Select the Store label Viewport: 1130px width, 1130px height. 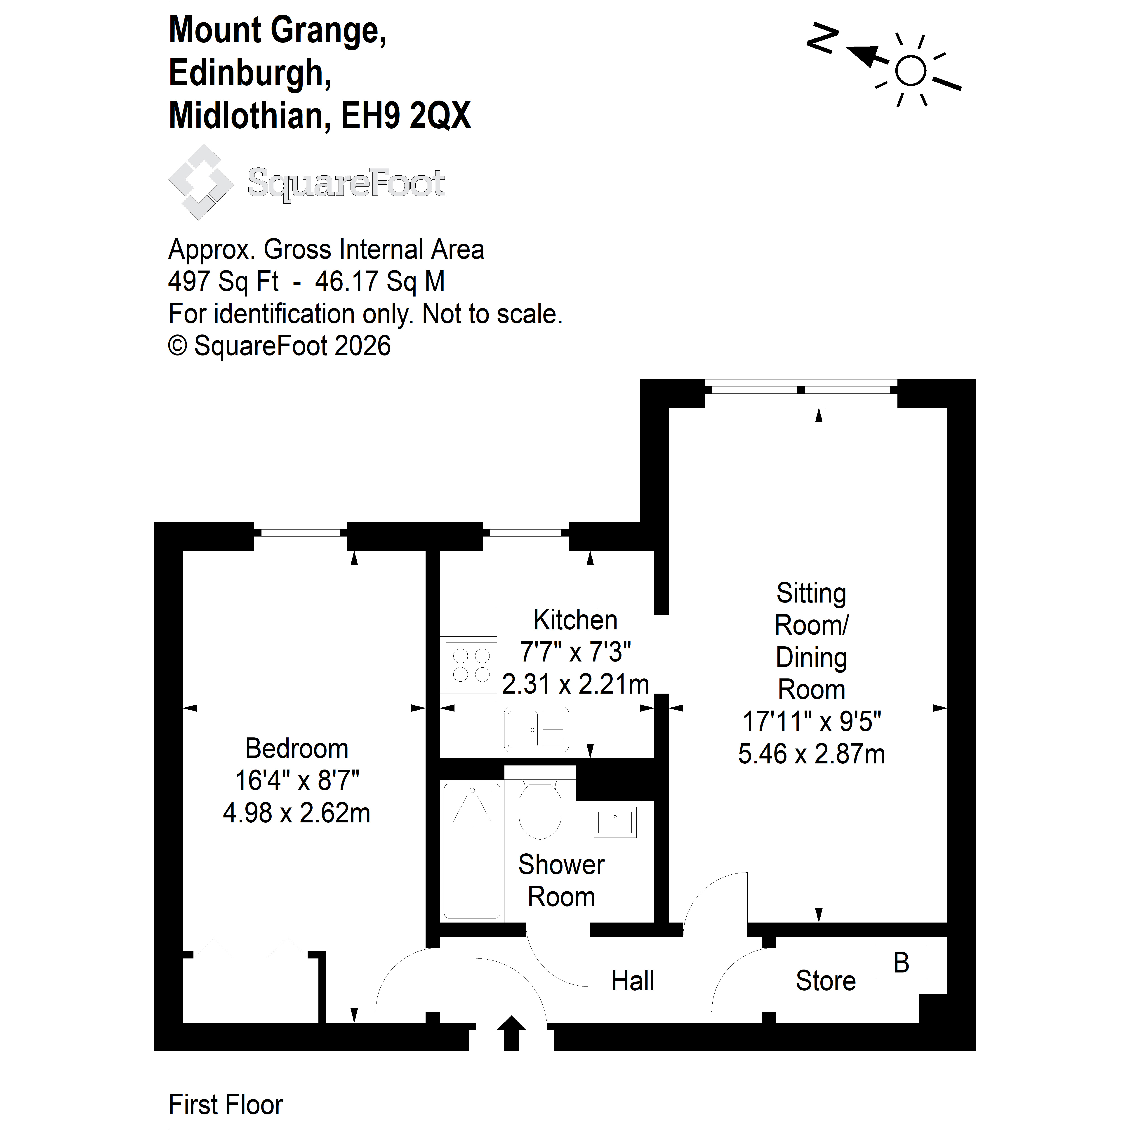[825, 981]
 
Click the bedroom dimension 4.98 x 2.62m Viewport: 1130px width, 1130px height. [297, 813]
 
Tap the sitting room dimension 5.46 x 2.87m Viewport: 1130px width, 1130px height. [811, 754]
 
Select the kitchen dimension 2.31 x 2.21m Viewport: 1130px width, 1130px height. [576, 684]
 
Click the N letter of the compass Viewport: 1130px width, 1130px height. [822, 40]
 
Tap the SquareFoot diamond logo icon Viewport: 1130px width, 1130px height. [201, 182]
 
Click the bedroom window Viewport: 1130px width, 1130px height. [301, 532]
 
